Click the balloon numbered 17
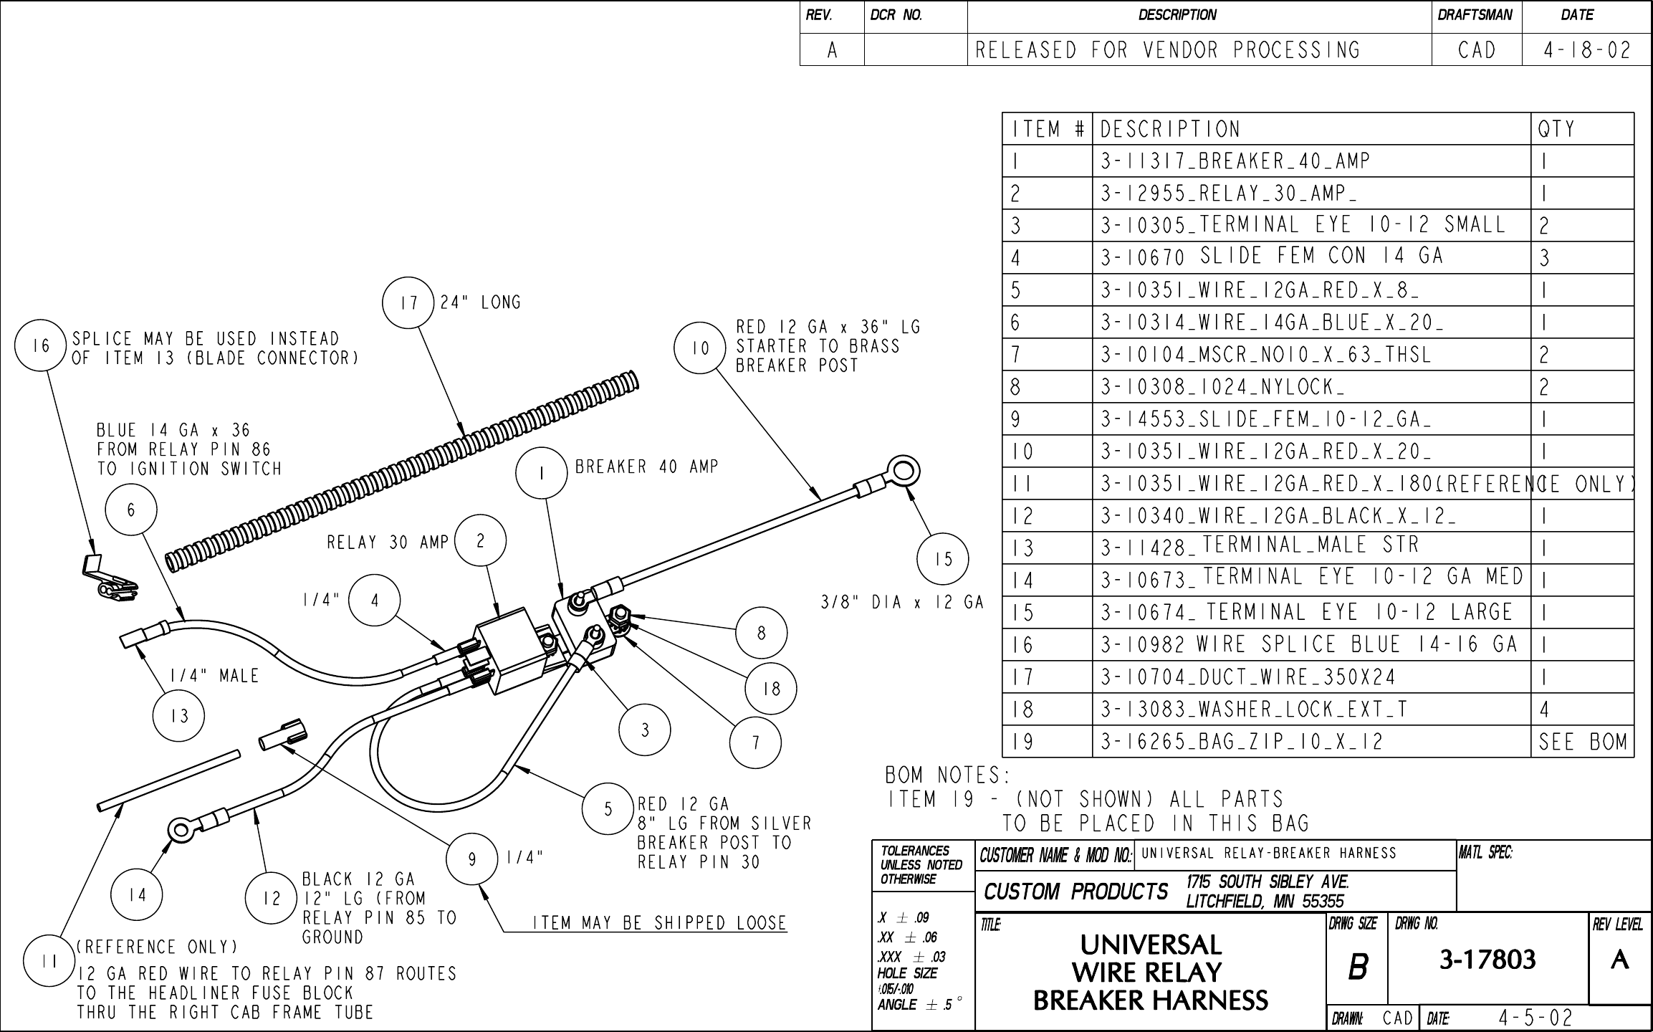point(408,302)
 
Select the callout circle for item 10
point(699,348)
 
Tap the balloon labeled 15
point(944,559)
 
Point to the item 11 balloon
point(49,962)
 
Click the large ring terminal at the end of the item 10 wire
point(901,472)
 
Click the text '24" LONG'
point(480,302)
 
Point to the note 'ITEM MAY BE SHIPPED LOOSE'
point(658,923)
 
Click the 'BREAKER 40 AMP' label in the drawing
point(646,467)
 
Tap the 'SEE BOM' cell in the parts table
point(1583,742)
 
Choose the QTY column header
point(1556,129)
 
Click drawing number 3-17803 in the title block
point(1487,959)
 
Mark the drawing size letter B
point(1357,967)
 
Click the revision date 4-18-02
point(1586,50)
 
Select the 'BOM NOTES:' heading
point(947,775)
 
